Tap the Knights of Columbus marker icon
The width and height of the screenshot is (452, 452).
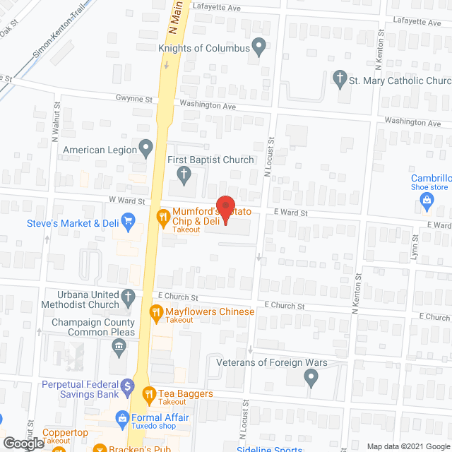click(259, 48)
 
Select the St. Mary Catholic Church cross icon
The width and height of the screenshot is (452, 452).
click(340, 80)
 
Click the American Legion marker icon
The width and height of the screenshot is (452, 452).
click(146, 149)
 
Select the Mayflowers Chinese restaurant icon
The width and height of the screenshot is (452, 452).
click(155, 311)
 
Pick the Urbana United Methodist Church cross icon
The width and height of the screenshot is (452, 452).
click(128, 298)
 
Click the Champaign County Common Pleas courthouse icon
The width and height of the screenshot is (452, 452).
click(119, 347)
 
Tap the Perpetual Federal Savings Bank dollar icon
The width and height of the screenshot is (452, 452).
click(127, 386)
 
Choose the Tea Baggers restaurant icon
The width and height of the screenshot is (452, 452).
click(148, 393)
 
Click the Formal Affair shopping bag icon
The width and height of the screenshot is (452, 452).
click(122, 417)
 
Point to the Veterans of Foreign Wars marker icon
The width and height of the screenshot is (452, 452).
click(311, 377)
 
